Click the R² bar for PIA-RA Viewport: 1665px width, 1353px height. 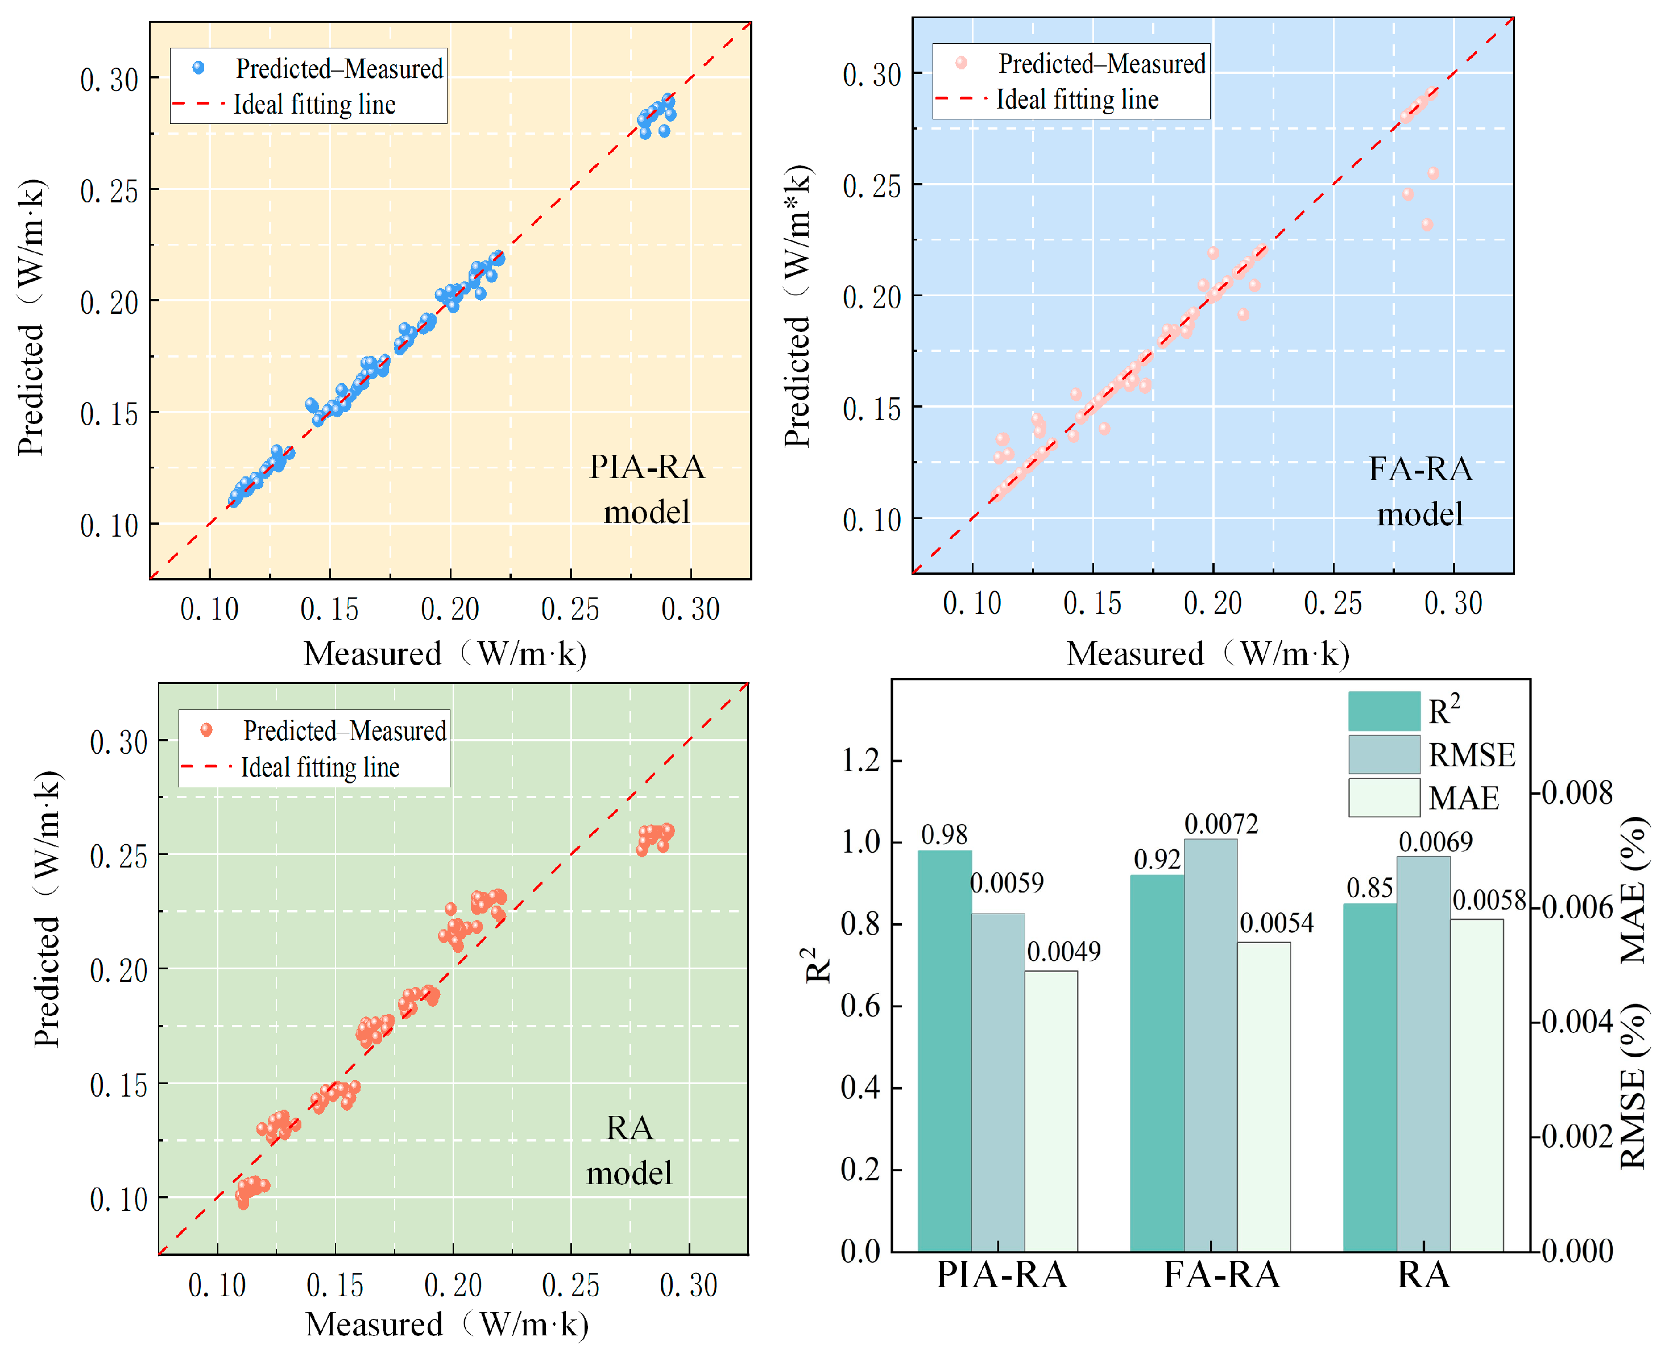[x=944, y=1052]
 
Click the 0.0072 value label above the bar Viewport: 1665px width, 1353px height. [x=1221, y=824]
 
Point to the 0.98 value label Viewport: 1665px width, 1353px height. [x=944, y=835]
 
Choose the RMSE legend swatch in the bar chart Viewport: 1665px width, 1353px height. [x=1384, y=754]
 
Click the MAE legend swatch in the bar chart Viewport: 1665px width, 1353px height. [x=1384, y=797]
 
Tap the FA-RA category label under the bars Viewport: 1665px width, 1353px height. [x=1221, y=1275]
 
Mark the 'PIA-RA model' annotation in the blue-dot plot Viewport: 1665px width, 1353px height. [x=647, y=489]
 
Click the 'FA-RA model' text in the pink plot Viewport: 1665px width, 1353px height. [x=1420, y=491]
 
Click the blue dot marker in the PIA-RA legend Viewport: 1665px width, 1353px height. [x=199, y=68]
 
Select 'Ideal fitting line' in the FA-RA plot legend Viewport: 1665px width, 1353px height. [x=1077, y=99]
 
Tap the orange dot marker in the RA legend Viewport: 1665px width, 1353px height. [x=206, y=729]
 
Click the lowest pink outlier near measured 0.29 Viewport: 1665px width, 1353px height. [x=1427, y=225]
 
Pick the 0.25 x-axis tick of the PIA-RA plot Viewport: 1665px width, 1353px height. [x=570, y=609]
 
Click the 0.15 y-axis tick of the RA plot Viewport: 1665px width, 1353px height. [x=118, y=1084]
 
